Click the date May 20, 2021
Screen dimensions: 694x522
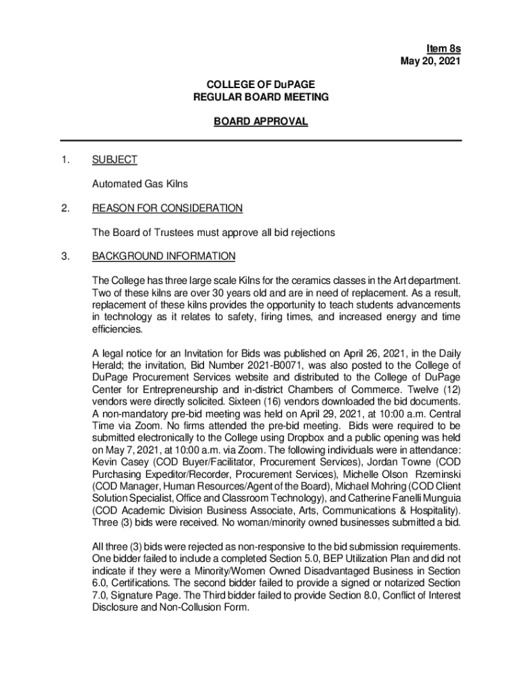(431, 62)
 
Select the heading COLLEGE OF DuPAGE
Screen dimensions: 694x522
(261, 85)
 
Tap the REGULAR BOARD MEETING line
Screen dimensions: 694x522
(261, 98)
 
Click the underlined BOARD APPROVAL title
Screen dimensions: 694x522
(261, 122)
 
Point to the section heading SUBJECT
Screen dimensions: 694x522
(115, 160)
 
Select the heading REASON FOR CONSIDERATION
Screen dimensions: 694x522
(167, 208)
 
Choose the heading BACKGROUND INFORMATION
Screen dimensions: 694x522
(163, 256)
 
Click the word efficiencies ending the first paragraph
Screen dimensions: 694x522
(117, 329)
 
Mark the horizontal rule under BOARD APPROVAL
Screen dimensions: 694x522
(261, 140)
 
